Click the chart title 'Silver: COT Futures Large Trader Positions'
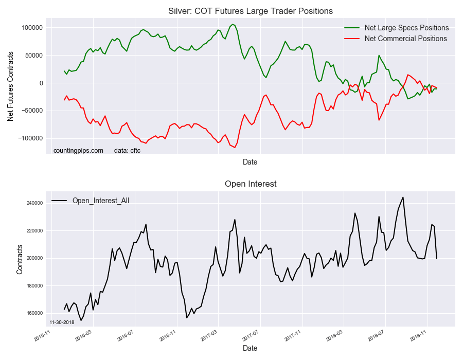coord(251,11)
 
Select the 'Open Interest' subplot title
coord(251,184)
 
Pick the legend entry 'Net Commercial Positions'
coord(405,39)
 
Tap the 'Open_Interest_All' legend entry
coord(100,201)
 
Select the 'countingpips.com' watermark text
coord(78,151)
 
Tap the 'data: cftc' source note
coord(127,151)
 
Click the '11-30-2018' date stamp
coord(62,322)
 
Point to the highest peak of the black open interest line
coord(403,197)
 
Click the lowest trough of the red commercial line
coord(235,148)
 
